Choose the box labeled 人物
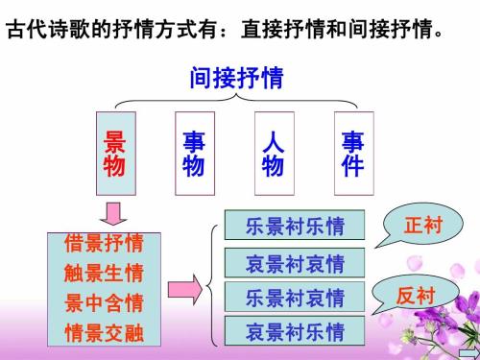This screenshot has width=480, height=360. [273, 153]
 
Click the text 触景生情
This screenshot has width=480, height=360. [104, 274]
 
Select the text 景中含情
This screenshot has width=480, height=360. [104, 303]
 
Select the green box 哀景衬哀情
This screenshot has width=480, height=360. [295, 262]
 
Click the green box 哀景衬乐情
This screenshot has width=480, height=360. [295, 332]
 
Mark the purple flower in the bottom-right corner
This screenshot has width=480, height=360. [451, 322]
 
